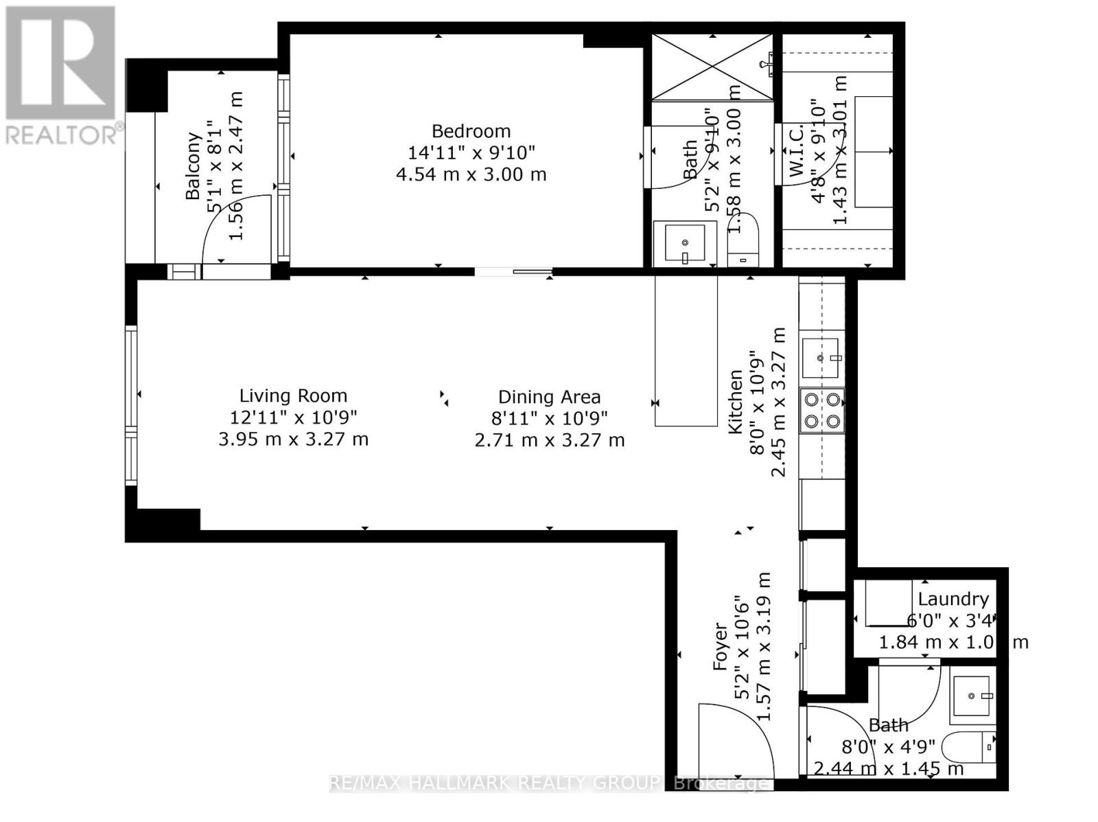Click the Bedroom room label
(x=471, y=131)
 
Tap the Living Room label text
(x=293, y=396)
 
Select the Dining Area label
(x=549, y=397)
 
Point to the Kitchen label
(x=735, y=402)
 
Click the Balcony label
(x=194, y=166)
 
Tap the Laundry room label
(x=953, y=600)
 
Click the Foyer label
(x=720, y=646)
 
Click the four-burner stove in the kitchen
(x=822, y=410)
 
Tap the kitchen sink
(x=821, y=358)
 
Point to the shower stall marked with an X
(x=712, y=67)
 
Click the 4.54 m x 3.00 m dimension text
(x=471, y=174)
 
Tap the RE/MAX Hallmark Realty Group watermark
(x=549, y=783)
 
